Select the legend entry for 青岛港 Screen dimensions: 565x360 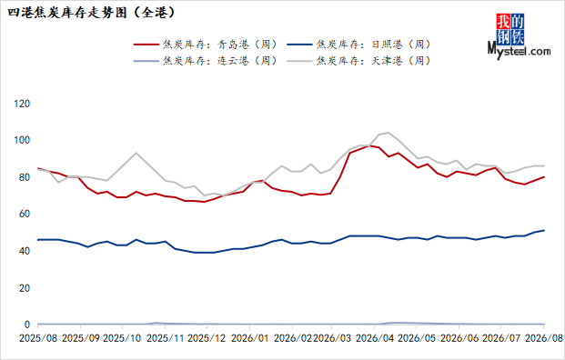(207, 45)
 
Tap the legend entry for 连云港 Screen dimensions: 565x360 (207, 61)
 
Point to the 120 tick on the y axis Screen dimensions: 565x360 (22, 104)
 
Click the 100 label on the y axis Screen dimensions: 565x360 (22, 140)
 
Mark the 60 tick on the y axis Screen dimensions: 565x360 (25, 214)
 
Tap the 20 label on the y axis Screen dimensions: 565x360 (25, 288)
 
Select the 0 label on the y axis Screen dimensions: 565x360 (27, 325)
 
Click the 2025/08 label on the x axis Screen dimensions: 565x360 (38, 339)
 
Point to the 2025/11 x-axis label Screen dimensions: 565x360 (166, 339)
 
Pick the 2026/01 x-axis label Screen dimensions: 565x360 (250, 339)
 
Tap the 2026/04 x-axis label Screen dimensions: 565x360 (375, 339)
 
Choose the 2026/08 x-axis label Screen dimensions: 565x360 (544, 339)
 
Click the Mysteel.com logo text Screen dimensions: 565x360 (520, 51)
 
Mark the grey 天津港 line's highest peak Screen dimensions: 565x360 (388, 133)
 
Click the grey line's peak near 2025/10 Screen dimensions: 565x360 (136, 153)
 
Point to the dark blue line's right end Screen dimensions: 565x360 (544, 230)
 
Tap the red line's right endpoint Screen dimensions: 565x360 (544, 176)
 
